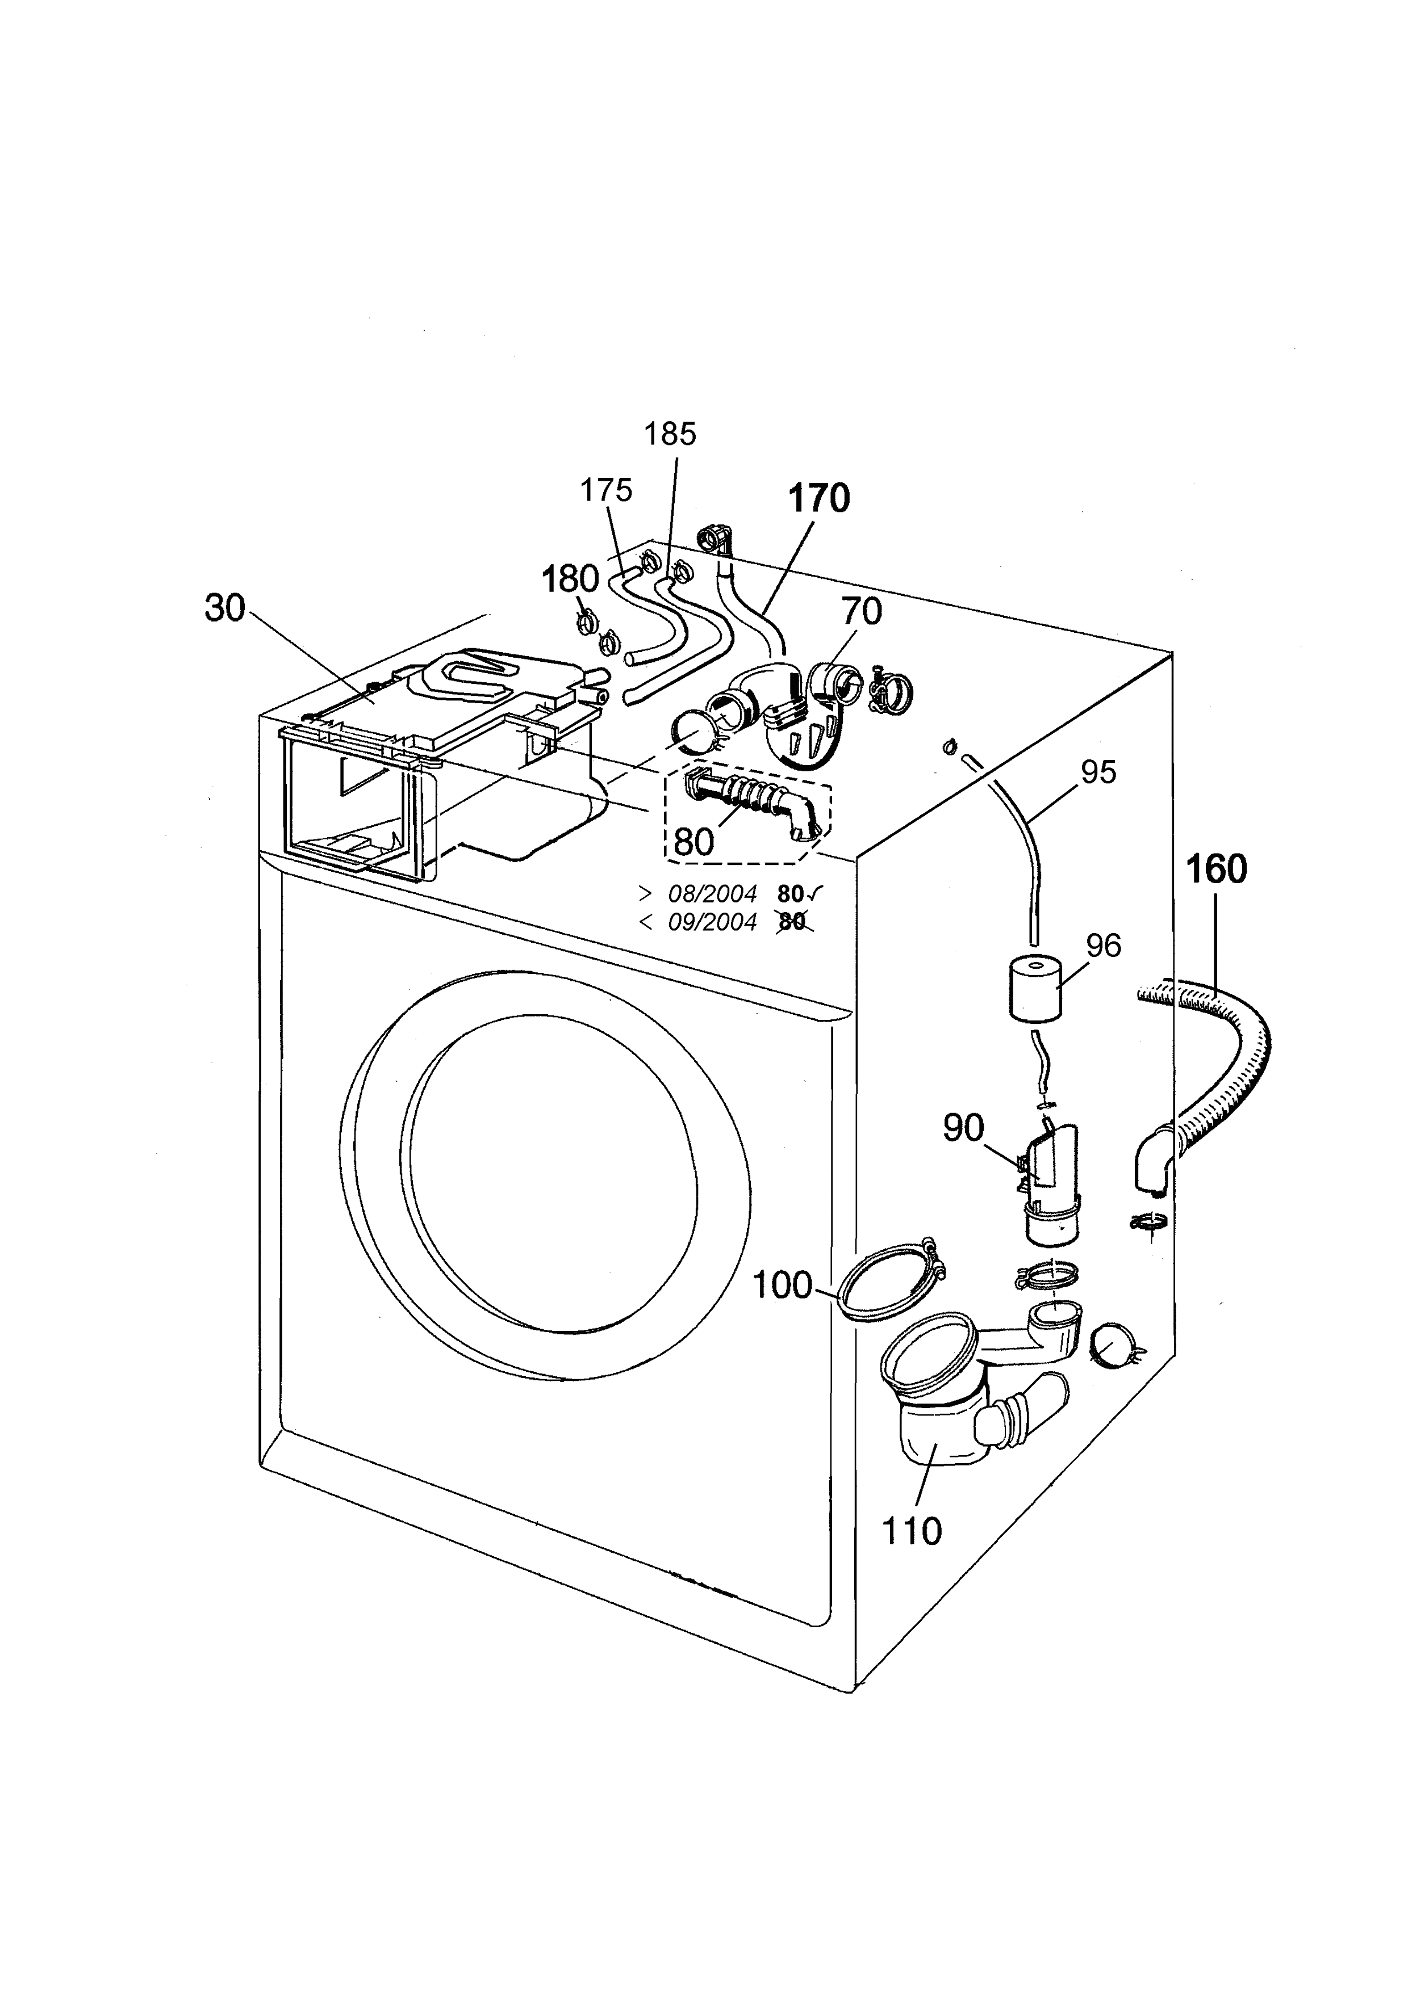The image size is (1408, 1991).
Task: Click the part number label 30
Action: (225, 609)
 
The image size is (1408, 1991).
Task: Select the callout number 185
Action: (670, 434)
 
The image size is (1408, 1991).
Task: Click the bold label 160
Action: (1215, 869)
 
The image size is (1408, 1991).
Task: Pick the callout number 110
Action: (911, 1532)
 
